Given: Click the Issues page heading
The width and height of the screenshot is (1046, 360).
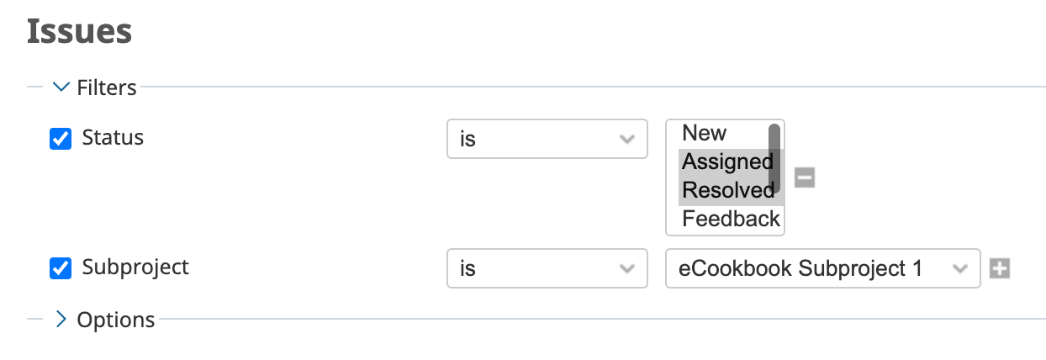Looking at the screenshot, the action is click(79, 32).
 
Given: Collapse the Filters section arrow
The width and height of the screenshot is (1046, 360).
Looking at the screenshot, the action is click(61, 87).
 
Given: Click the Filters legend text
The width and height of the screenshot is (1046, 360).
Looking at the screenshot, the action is click(107, 87).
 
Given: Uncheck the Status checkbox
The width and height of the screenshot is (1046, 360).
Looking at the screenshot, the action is click(61, 139).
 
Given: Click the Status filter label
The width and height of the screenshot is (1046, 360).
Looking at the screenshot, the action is click(113, 137).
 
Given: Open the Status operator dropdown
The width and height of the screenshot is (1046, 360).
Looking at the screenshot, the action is click(547, 139).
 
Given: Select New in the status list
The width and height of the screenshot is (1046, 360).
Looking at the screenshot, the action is click(704, 133).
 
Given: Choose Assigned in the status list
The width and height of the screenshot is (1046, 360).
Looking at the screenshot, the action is click(727, 162).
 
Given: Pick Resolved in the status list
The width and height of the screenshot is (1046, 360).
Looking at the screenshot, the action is click(727, 190).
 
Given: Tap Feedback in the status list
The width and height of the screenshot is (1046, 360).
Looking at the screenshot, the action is click(731, 219).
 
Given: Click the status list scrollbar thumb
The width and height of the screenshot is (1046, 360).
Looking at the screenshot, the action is click(774, 158).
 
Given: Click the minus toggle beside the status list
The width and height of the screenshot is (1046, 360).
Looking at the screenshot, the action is click(805, 177).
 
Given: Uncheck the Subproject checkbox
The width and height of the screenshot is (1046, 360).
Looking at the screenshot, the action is click(61, 268).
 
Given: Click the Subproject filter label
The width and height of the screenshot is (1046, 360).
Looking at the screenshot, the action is click(135, 267).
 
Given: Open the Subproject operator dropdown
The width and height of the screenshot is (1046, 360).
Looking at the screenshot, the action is click(547, 268).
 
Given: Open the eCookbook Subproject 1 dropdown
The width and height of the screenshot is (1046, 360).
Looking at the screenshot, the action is click(822, 268).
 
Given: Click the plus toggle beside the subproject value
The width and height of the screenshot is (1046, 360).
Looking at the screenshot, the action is click(1000, 268).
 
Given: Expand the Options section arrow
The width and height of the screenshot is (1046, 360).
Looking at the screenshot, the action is click(61, 319).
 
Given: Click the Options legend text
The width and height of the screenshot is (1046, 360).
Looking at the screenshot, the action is click(116, 320).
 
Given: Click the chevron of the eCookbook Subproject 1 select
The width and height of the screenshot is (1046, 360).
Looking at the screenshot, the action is click(959, 269).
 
